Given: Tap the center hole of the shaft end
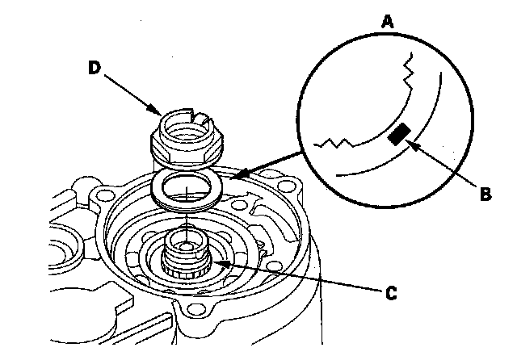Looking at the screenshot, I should click(185, 240).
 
